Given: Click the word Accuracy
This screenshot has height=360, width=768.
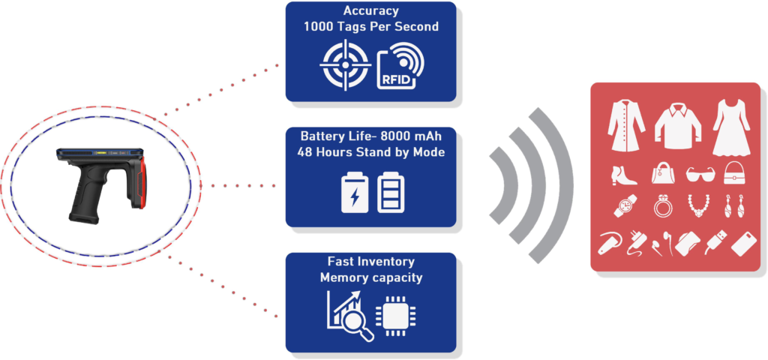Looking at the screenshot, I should [370, 11].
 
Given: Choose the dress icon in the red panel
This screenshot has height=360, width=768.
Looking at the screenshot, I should [730, 124].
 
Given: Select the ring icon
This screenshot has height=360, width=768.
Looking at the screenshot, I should [662, 205].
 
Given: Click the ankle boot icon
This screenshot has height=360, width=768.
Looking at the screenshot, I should [624, 175].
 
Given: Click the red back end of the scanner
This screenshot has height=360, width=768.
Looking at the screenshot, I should [139, 180].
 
